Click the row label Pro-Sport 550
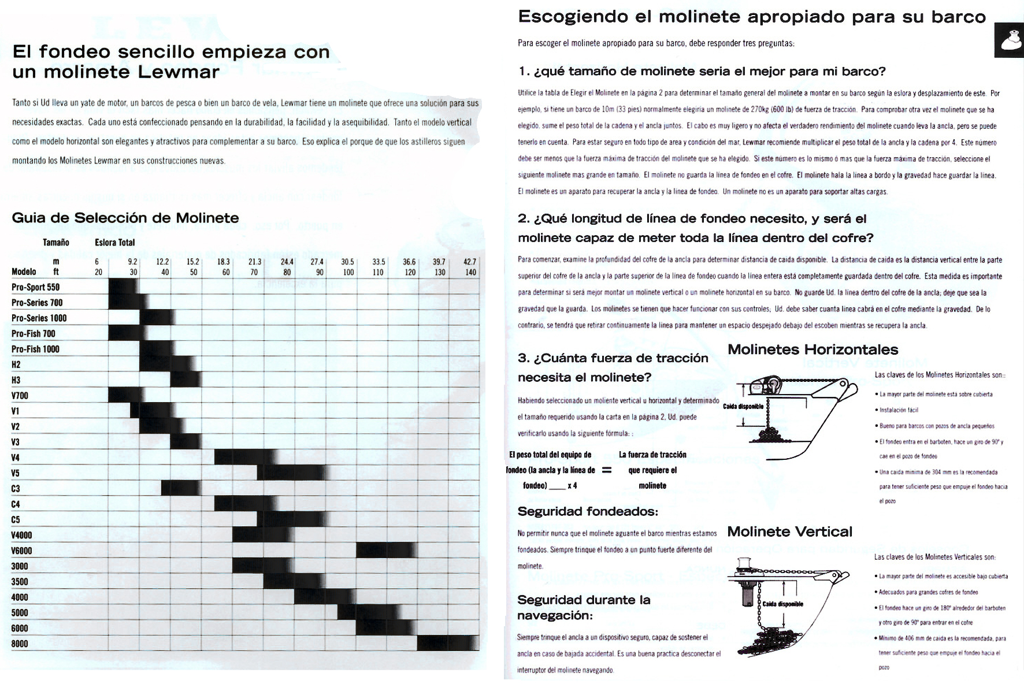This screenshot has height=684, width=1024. click(x=35, y=287)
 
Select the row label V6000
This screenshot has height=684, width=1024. click(x=21, y=551)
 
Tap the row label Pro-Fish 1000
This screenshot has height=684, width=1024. click(x=35, y=349)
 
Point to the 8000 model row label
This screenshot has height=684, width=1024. click(x=20, y=644)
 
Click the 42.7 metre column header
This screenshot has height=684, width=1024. click(x=470, y=262)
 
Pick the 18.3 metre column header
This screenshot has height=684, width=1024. click(x=224, y=262)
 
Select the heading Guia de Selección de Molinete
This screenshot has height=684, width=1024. click(x=125, y=218)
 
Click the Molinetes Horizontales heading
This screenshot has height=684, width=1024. click(x=812, y=350)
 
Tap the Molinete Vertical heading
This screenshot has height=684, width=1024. click(x=789, y=531)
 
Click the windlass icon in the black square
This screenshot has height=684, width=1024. click(x=1009, y=40)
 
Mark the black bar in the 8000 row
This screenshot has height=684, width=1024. click(x=448, y=644)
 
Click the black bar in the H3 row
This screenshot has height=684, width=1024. click(x=186, y=380)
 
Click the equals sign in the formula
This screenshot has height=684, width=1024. click(x=607, y=470)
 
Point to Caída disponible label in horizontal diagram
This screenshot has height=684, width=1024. click(x=743, y=407)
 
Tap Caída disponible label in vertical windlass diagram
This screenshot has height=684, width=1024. click(x=783, y=604)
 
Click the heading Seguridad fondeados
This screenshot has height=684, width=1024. click(x=588, y=511)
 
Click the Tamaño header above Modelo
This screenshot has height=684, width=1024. click(x=56, y=243)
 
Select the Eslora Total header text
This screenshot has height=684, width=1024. click(x=115, y=243)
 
